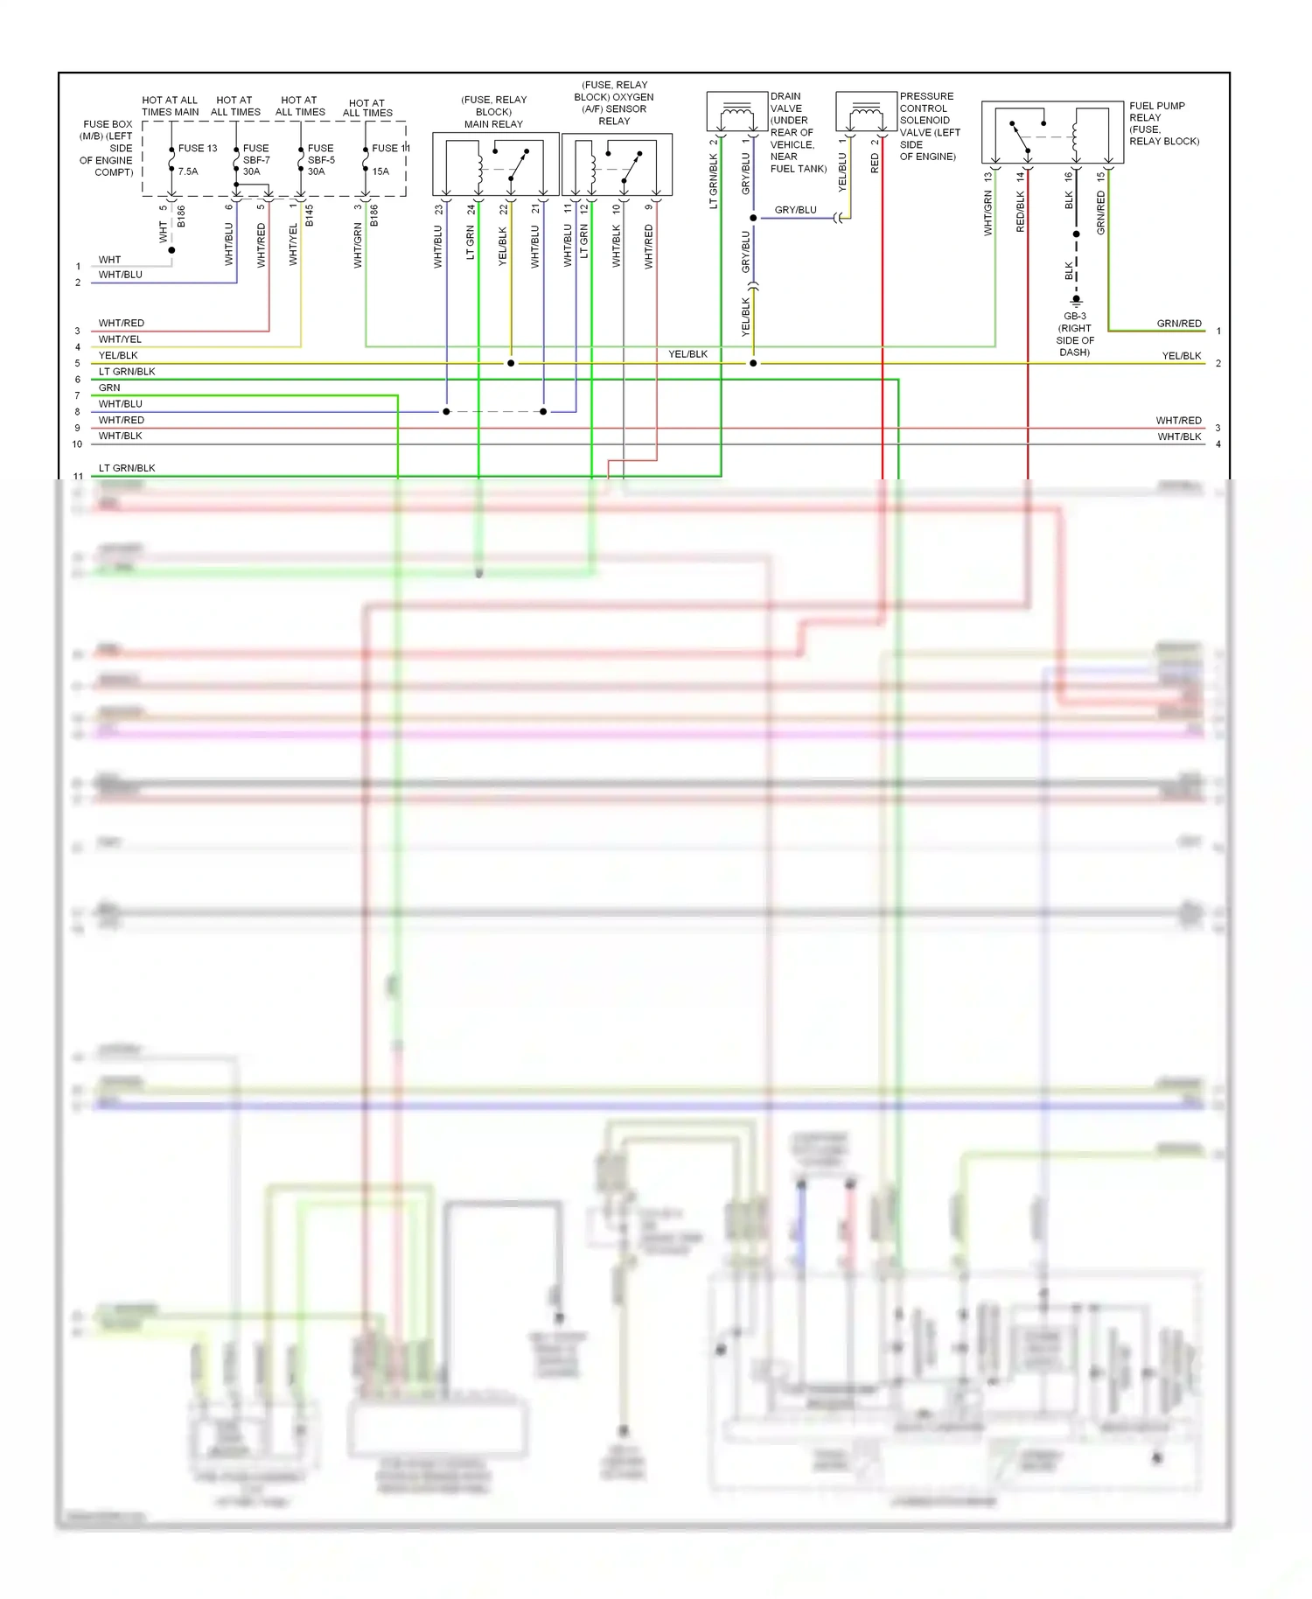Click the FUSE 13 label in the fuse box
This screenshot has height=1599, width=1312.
(x=198, y=149)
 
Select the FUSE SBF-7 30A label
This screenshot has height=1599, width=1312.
(x=255, y=160)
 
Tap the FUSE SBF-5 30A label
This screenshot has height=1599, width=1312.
(x=320, y=160)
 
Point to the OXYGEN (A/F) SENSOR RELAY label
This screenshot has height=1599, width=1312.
(x=614, y=103)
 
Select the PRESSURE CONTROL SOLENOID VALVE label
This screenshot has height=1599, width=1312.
(x=930, y=126)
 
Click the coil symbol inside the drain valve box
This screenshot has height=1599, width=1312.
(x=736, y=113)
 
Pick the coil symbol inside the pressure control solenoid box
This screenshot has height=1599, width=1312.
(x=866, y=113)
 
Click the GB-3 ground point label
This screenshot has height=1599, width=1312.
(x=1075, y=334)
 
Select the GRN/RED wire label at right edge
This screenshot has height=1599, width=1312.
(x=1179, y=324)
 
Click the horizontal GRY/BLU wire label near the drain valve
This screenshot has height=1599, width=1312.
(x=795, y=210)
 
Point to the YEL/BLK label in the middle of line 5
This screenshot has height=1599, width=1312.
(x=687, y=354)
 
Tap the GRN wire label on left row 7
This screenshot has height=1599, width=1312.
(x=109, y=388)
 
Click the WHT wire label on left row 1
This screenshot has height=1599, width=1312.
(x=109, y=260)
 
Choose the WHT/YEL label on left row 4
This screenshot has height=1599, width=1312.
(x=120, y=339)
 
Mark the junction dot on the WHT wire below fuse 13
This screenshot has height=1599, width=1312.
(x=172, y=250)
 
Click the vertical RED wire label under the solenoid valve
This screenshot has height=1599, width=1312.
(x=875, y=164)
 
